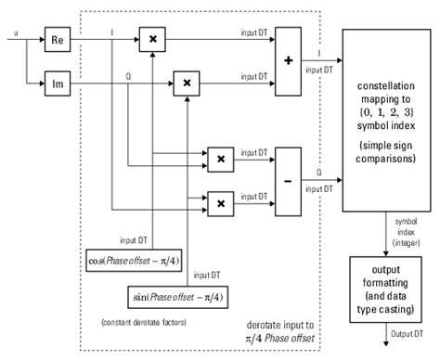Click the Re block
pos(58,41)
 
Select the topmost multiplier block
pos(150,41)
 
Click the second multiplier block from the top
pos(187,84)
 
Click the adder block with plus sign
pos(289,60)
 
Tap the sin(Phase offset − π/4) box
pos(178,298)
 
